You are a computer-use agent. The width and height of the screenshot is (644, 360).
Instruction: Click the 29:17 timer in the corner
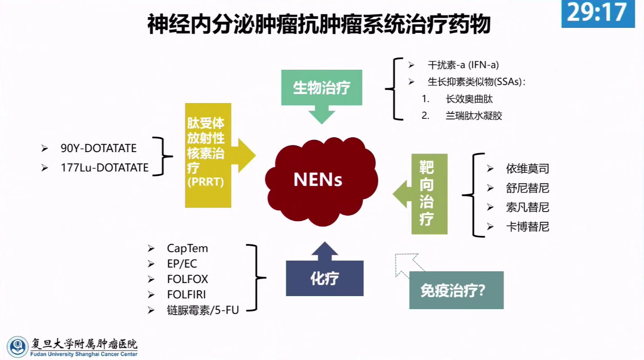(x=598, y=13)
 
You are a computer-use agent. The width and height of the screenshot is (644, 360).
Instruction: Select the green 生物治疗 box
(x=322, y=87)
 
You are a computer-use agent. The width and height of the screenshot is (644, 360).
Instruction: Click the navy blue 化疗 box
(x=324, y=279)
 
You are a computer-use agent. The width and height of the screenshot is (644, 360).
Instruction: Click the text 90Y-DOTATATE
(x=99, y=148)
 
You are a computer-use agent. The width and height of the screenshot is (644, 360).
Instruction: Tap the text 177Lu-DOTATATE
(x=104, y=168)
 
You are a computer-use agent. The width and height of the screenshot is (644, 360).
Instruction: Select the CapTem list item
(x=187, y=248)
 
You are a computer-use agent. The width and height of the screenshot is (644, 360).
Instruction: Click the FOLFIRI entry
(x=186, y=294)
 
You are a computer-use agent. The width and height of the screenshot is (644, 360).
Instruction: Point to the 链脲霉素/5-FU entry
(x=203, y=310)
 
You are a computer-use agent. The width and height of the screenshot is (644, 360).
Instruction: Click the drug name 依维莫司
(x=527, y=169)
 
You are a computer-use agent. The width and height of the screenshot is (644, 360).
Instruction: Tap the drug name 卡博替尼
(x=527, y=227)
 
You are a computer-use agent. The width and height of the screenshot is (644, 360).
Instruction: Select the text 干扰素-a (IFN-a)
(x=463, y=65)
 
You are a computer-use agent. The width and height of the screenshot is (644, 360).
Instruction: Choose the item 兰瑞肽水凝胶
(x=474, y=116)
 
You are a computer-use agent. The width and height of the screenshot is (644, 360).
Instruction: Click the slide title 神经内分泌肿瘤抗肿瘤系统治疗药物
(x=319, y=24)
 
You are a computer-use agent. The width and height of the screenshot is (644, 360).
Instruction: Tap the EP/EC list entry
(x=182, y=264)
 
